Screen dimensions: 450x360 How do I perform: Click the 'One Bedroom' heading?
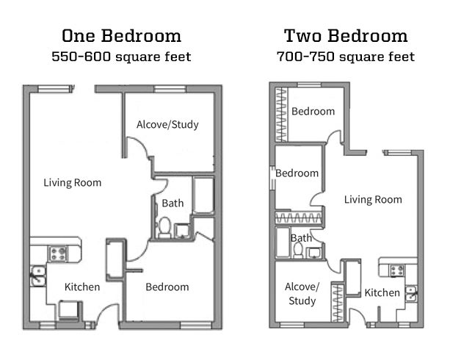tap(121, 36)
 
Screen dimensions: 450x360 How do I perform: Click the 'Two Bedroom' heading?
tap(346, 36)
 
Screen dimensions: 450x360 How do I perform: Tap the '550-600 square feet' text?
tap(121, 57)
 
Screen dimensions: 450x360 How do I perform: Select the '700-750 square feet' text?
tap(346, 57)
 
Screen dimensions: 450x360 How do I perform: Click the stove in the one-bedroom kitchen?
tap(58, 253)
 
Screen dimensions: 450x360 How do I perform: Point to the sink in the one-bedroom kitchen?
tap(38, 276)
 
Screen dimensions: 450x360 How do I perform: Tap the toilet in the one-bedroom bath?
tap(164, 227)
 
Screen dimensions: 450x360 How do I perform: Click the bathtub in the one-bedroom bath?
tap(203, 195)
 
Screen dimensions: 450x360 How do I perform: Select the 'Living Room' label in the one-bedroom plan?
tap(73, 183)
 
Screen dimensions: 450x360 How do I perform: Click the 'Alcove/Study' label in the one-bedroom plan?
tap(167, 124)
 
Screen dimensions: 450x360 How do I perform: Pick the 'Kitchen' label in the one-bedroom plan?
tap(82, 287)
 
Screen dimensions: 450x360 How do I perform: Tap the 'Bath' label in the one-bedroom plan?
tap(173, 203)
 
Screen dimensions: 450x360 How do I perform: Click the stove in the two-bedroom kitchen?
tap(397, 270)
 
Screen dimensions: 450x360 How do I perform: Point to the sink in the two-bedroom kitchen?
tap(411, 293)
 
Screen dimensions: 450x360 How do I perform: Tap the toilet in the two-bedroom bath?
tap(299, 250)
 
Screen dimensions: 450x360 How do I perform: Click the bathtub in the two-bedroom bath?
tap(283, 242)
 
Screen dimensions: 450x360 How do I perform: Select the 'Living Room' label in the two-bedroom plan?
tap(373, 199)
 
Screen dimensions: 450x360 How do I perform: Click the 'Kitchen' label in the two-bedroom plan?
tap(382, 292)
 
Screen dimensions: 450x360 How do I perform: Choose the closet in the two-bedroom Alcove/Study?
tap(337, 303)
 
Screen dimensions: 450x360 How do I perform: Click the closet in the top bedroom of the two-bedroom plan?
tap(282, 115)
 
